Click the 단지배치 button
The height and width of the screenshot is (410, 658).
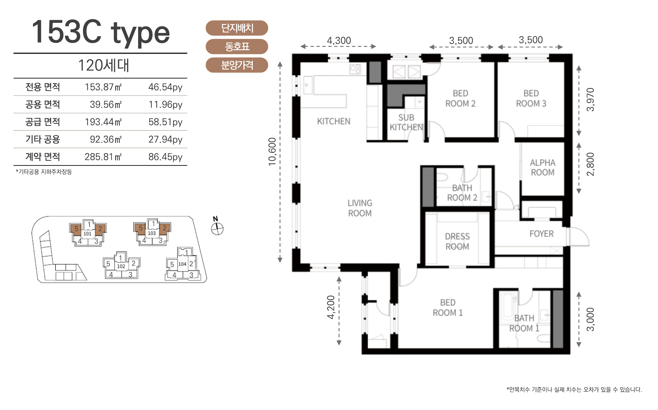(237, 28)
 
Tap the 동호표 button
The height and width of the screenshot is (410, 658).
(237, 47)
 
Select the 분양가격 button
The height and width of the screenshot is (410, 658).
(237, 65)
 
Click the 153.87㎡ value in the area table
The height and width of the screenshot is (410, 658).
(103, 87)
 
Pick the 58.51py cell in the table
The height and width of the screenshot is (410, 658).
(165, 122)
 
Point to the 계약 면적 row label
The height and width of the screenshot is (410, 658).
(43, 156)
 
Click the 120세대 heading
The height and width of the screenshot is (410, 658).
(103, 65)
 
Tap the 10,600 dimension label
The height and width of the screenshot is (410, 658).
(272, 151)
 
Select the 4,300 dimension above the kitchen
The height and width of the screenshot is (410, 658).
(339, 40)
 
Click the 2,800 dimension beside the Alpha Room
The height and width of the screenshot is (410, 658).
(591, 164)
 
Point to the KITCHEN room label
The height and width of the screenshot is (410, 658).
(334, 121)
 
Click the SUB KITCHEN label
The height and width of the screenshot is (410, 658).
(406, 122)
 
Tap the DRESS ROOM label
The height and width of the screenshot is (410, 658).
(457, 241)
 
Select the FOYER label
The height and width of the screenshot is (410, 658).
(541, 234)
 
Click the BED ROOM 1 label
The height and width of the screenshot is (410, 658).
(448, 308)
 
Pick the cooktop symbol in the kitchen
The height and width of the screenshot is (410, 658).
(355, 69)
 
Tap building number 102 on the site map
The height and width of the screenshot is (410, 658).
(121, 266)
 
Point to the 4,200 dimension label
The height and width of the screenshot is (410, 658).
(331, 307)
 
